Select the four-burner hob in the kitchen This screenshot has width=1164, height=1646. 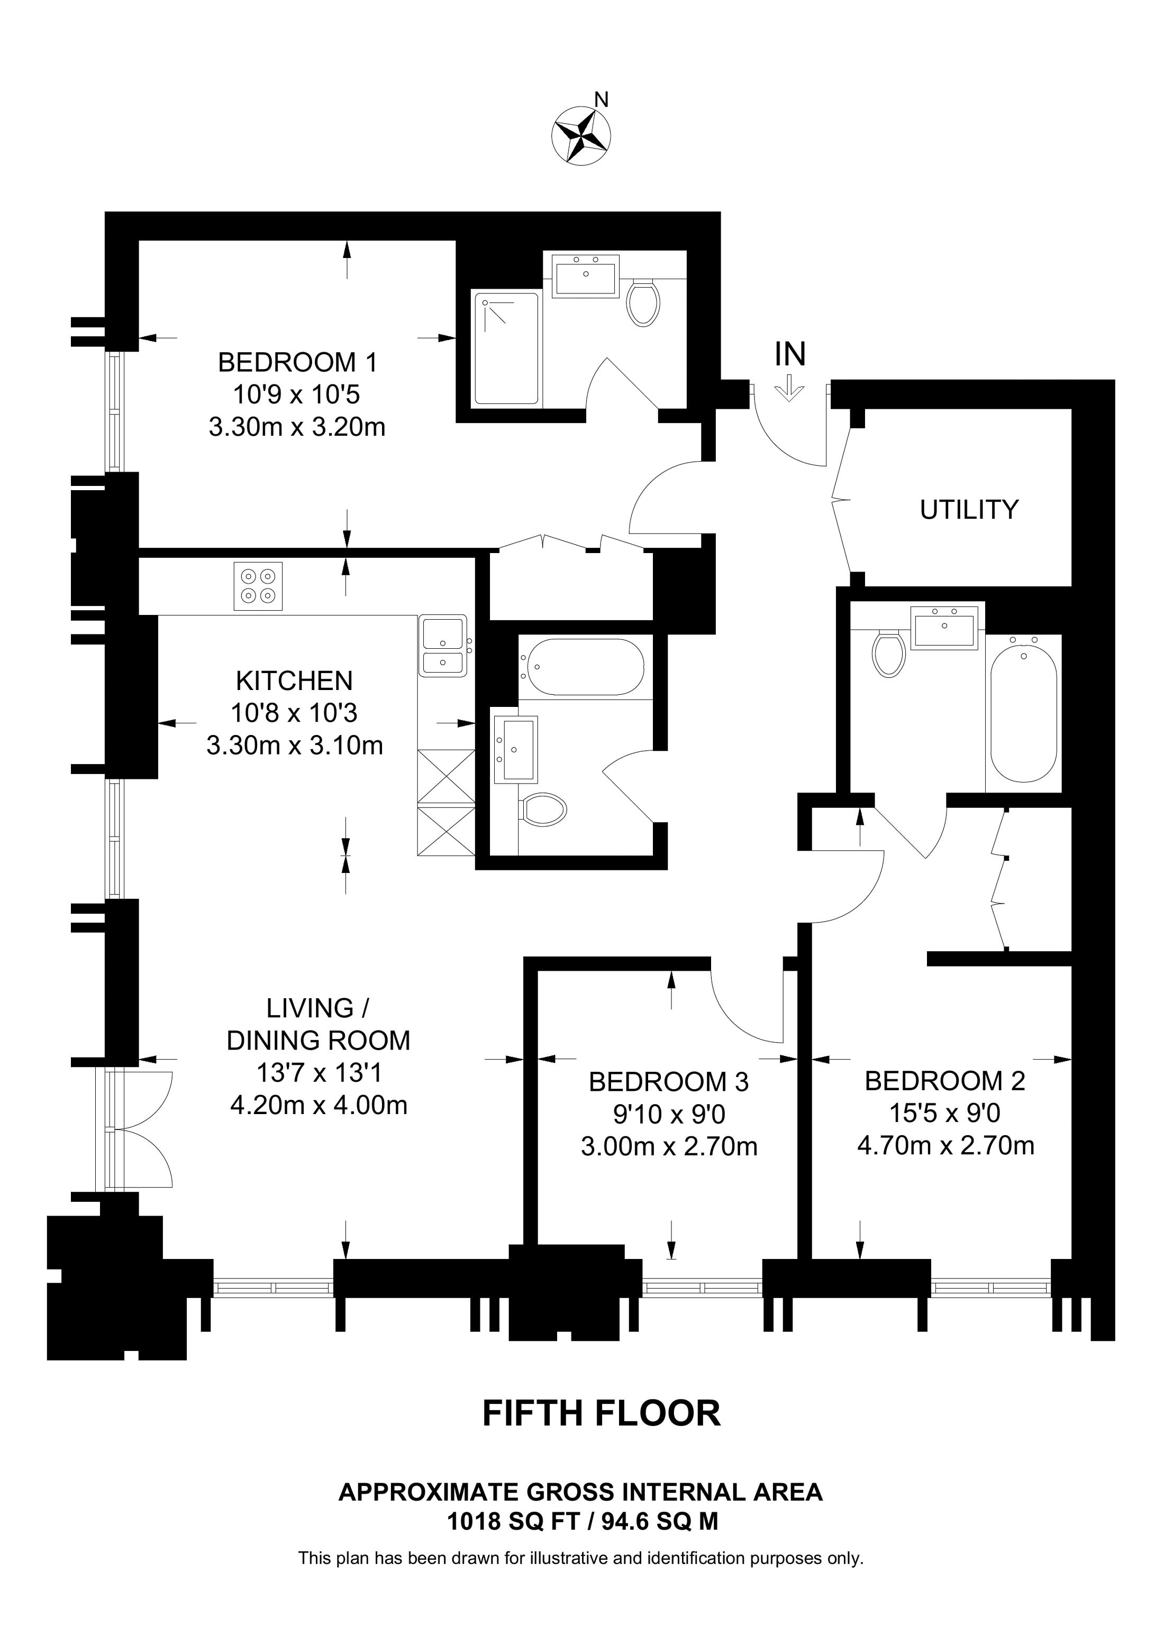(258, 586)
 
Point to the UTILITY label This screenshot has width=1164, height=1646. (968, 510)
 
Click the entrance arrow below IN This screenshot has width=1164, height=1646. (789, 388)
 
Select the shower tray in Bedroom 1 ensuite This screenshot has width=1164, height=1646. (506, 348)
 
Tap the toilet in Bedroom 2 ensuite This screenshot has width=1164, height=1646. (889, 653)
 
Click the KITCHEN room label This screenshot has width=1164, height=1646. (294, 681)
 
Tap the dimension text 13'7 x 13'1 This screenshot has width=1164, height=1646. (319, 1072)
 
